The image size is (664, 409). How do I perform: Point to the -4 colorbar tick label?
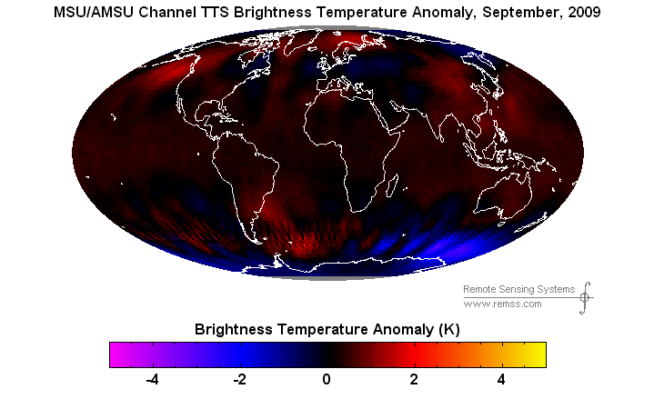[152, 380]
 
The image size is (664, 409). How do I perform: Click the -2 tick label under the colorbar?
[239, 380]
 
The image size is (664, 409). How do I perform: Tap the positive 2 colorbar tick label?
[414, 380]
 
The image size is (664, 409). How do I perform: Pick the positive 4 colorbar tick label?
[501, 380]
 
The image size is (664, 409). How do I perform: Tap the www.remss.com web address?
[503, 304]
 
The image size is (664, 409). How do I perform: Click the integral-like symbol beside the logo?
[586, 296]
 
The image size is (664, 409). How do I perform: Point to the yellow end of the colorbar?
[539, 354]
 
